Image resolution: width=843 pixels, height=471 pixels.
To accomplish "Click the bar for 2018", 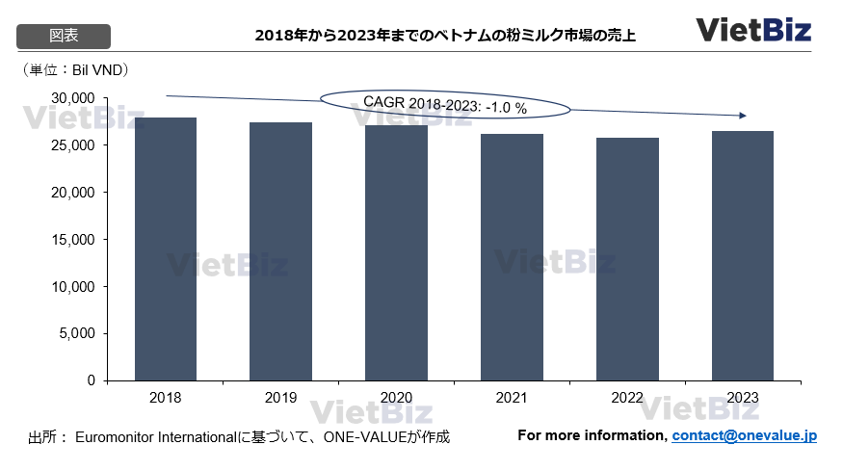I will tap(166, 249).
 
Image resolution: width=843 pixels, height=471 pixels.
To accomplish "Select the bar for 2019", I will tap(280, 250).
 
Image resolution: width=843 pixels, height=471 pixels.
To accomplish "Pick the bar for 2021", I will tap(512, 256).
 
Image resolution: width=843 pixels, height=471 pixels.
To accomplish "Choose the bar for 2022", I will tap(627, 258).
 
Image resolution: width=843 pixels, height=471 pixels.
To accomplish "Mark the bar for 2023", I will tap(743, 255).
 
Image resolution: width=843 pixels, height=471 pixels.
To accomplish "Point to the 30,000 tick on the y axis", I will tap(73, 98).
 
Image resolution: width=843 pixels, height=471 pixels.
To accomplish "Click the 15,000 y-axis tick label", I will tap(73, 240).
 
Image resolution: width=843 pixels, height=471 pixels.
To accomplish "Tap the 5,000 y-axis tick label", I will tap(77, 334).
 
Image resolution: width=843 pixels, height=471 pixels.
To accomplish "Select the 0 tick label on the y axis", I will tap(92, 381).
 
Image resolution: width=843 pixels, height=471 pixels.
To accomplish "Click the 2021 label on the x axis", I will tap(512, 397).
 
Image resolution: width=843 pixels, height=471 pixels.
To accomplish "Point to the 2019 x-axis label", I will tap(280, 397).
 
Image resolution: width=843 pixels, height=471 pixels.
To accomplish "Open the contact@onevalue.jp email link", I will tap(744, 436).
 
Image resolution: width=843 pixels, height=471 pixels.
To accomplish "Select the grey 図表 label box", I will tap(65, 36).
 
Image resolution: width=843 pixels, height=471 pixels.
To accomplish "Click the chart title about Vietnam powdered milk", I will tap(445, 37).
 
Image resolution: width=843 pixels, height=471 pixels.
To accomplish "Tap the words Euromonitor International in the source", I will tap(154, 437).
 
